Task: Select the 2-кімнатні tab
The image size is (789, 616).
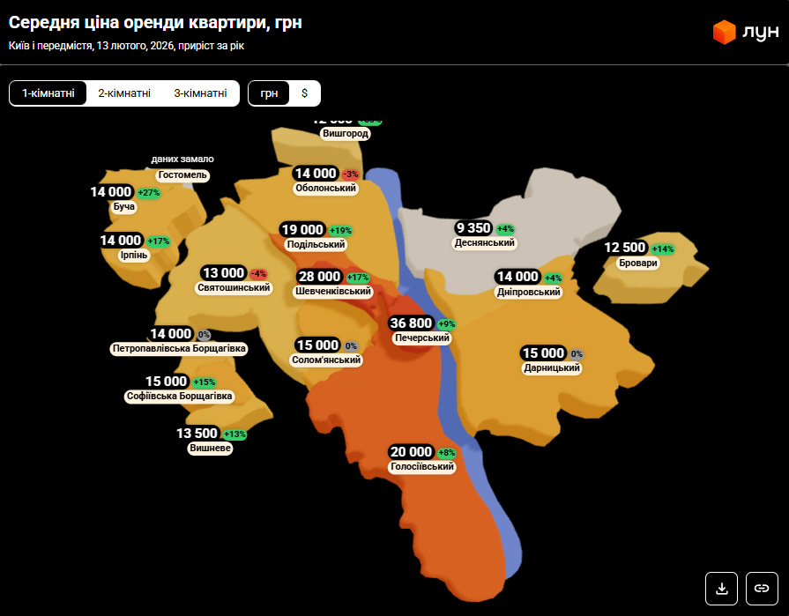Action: pos(124,93)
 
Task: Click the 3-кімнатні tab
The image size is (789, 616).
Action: pos(200,93)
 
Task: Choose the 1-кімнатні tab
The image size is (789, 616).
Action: pos(48,93)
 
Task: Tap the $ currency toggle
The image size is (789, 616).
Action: pos(305,93)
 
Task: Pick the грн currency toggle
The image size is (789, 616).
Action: pos(269,93)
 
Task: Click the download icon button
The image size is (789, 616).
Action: pos(721,588)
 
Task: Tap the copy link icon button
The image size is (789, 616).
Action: pos(762,588)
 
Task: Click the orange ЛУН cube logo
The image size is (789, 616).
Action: pos(724,33)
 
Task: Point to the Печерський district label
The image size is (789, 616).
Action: pos(422,338)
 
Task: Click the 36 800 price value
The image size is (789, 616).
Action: pos(412,323)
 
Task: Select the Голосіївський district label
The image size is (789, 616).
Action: pos(422,466)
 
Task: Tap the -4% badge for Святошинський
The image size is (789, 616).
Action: pos(258,273)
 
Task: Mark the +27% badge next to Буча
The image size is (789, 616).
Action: pos(149,192)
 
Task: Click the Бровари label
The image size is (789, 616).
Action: pos(638,263)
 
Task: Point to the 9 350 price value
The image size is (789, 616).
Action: pos(473,228)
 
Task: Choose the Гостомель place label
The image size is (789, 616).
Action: pos(182,174)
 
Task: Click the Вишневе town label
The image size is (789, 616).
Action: pos(211,448)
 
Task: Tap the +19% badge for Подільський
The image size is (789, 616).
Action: pos(340,230)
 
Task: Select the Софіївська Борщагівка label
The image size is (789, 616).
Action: pos(179,397)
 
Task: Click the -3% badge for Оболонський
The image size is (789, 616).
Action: pos(350,174)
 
